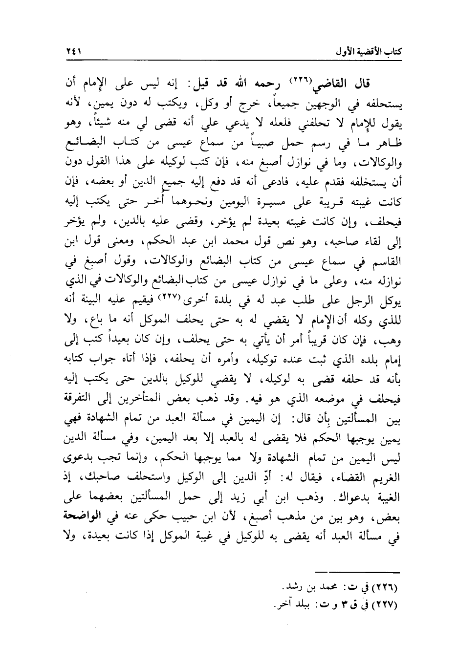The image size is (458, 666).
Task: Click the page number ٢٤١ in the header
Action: [x=73, y=51]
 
